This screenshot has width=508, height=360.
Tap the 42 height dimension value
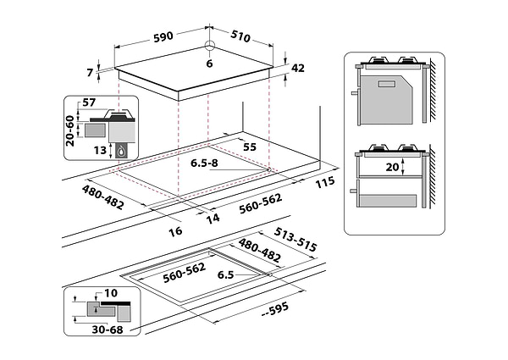[297, 69]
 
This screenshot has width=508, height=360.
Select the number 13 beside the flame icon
[101, 150]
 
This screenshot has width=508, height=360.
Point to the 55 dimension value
[249, 147]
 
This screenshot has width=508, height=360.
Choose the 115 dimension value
[325, 184]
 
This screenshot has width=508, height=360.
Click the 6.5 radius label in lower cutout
[224, 275]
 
